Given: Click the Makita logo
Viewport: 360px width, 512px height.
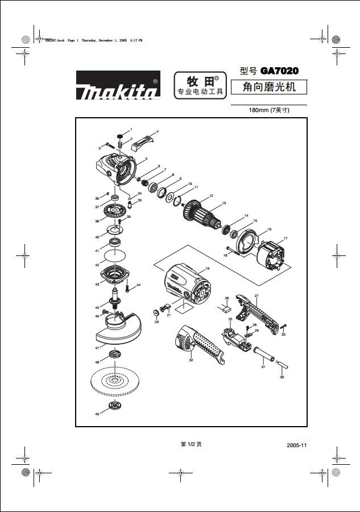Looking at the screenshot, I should tap(118, 85).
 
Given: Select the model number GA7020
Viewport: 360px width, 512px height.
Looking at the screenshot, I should tap(279, 71).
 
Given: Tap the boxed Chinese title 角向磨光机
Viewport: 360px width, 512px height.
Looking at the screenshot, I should tap(268, 88).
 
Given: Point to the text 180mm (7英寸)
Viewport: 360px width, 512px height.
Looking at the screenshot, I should tap(269, 110).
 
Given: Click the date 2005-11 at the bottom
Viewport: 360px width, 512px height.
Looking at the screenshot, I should tap(297, 445).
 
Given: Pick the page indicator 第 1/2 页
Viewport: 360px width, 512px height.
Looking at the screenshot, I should tap(191, 444).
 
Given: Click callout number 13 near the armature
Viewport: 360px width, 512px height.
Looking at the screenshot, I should tap(224, 203).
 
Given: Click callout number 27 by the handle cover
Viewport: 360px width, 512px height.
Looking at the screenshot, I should tap(256, 296).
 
